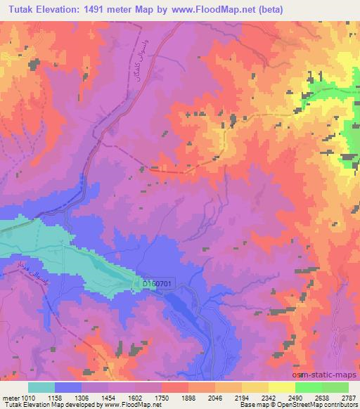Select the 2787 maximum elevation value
(348, 397)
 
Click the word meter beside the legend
(8, 397)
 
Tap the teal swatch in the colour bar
(41, 387)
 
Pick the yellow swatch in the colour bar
(281, 387)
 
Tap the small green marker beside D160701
(137, 283)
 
